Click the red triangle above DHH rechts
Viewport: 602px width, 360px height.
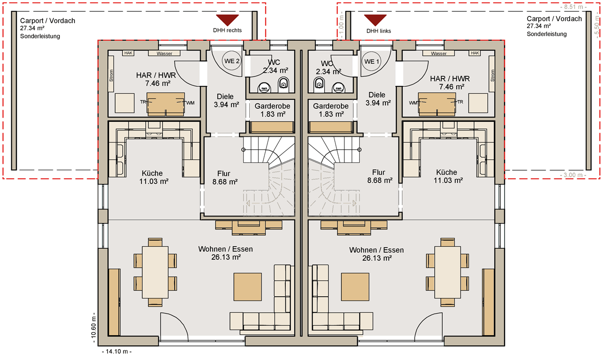(x=227, y=20)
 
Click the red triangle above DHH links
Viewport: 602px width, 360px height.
(x=375, y=20)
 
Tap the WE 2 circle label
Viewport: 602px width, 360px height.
(x=231, y=61)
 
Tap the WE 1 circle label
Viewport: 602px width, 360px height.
(x=372, y=61)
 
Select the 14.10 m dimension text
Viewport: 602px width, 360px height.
(x=117, y=352)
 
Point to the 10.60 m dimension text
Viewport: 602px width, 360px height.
(x=94, y=328)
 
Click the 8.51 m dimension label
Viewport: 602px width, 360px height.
(x=573, y=7)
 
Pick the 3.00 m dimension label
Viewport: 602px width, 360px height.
(x=573, y=175)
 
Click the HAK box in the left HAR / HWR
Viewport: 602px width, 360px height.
(x=128, y=53)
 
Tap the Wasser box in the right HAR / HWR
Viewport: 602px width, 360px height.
(x=438, y=53)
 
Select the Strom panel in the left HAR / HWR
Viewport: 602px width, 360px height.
(x=111, y=75)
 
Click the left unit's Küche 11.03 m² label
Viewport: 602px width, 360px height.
(x=154, y=177)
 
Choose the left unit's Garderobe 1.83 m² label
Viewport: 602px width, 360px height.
(x=273, y=110)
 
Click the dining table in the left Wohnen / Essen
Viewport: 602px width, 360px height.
(x=155, y=272)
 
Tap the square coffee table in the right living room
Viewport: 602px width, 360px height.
(x=355, y=287)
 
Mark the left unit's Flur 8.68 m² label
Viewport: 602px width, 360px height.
(x=225, y=178)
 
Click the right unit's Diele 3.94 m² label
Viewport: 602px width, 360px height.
(x=378, y=98)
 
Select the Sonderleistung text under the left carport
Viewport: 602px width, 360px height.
(x=40, y=36)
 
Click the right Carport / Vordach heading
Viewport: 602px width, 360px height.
(x=554, y=19)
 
